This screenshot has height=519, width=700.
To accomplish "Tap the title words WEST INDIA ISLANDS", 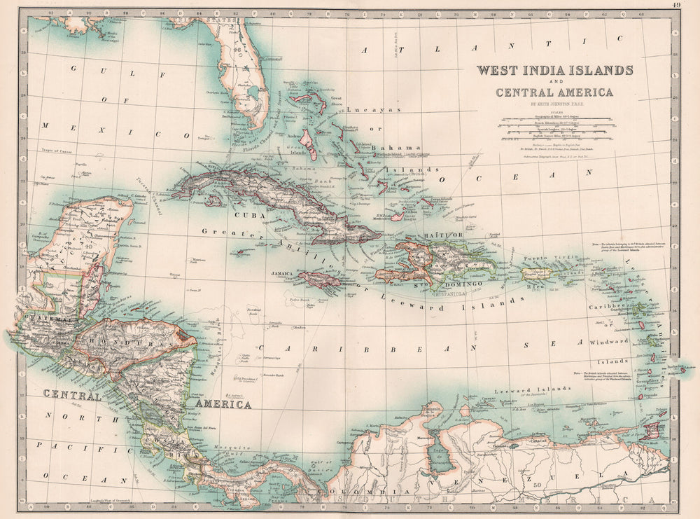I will (x=554, y=70).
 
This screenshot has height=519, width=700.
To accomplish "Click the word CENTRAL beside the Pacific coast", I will (x=72, y=395).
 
